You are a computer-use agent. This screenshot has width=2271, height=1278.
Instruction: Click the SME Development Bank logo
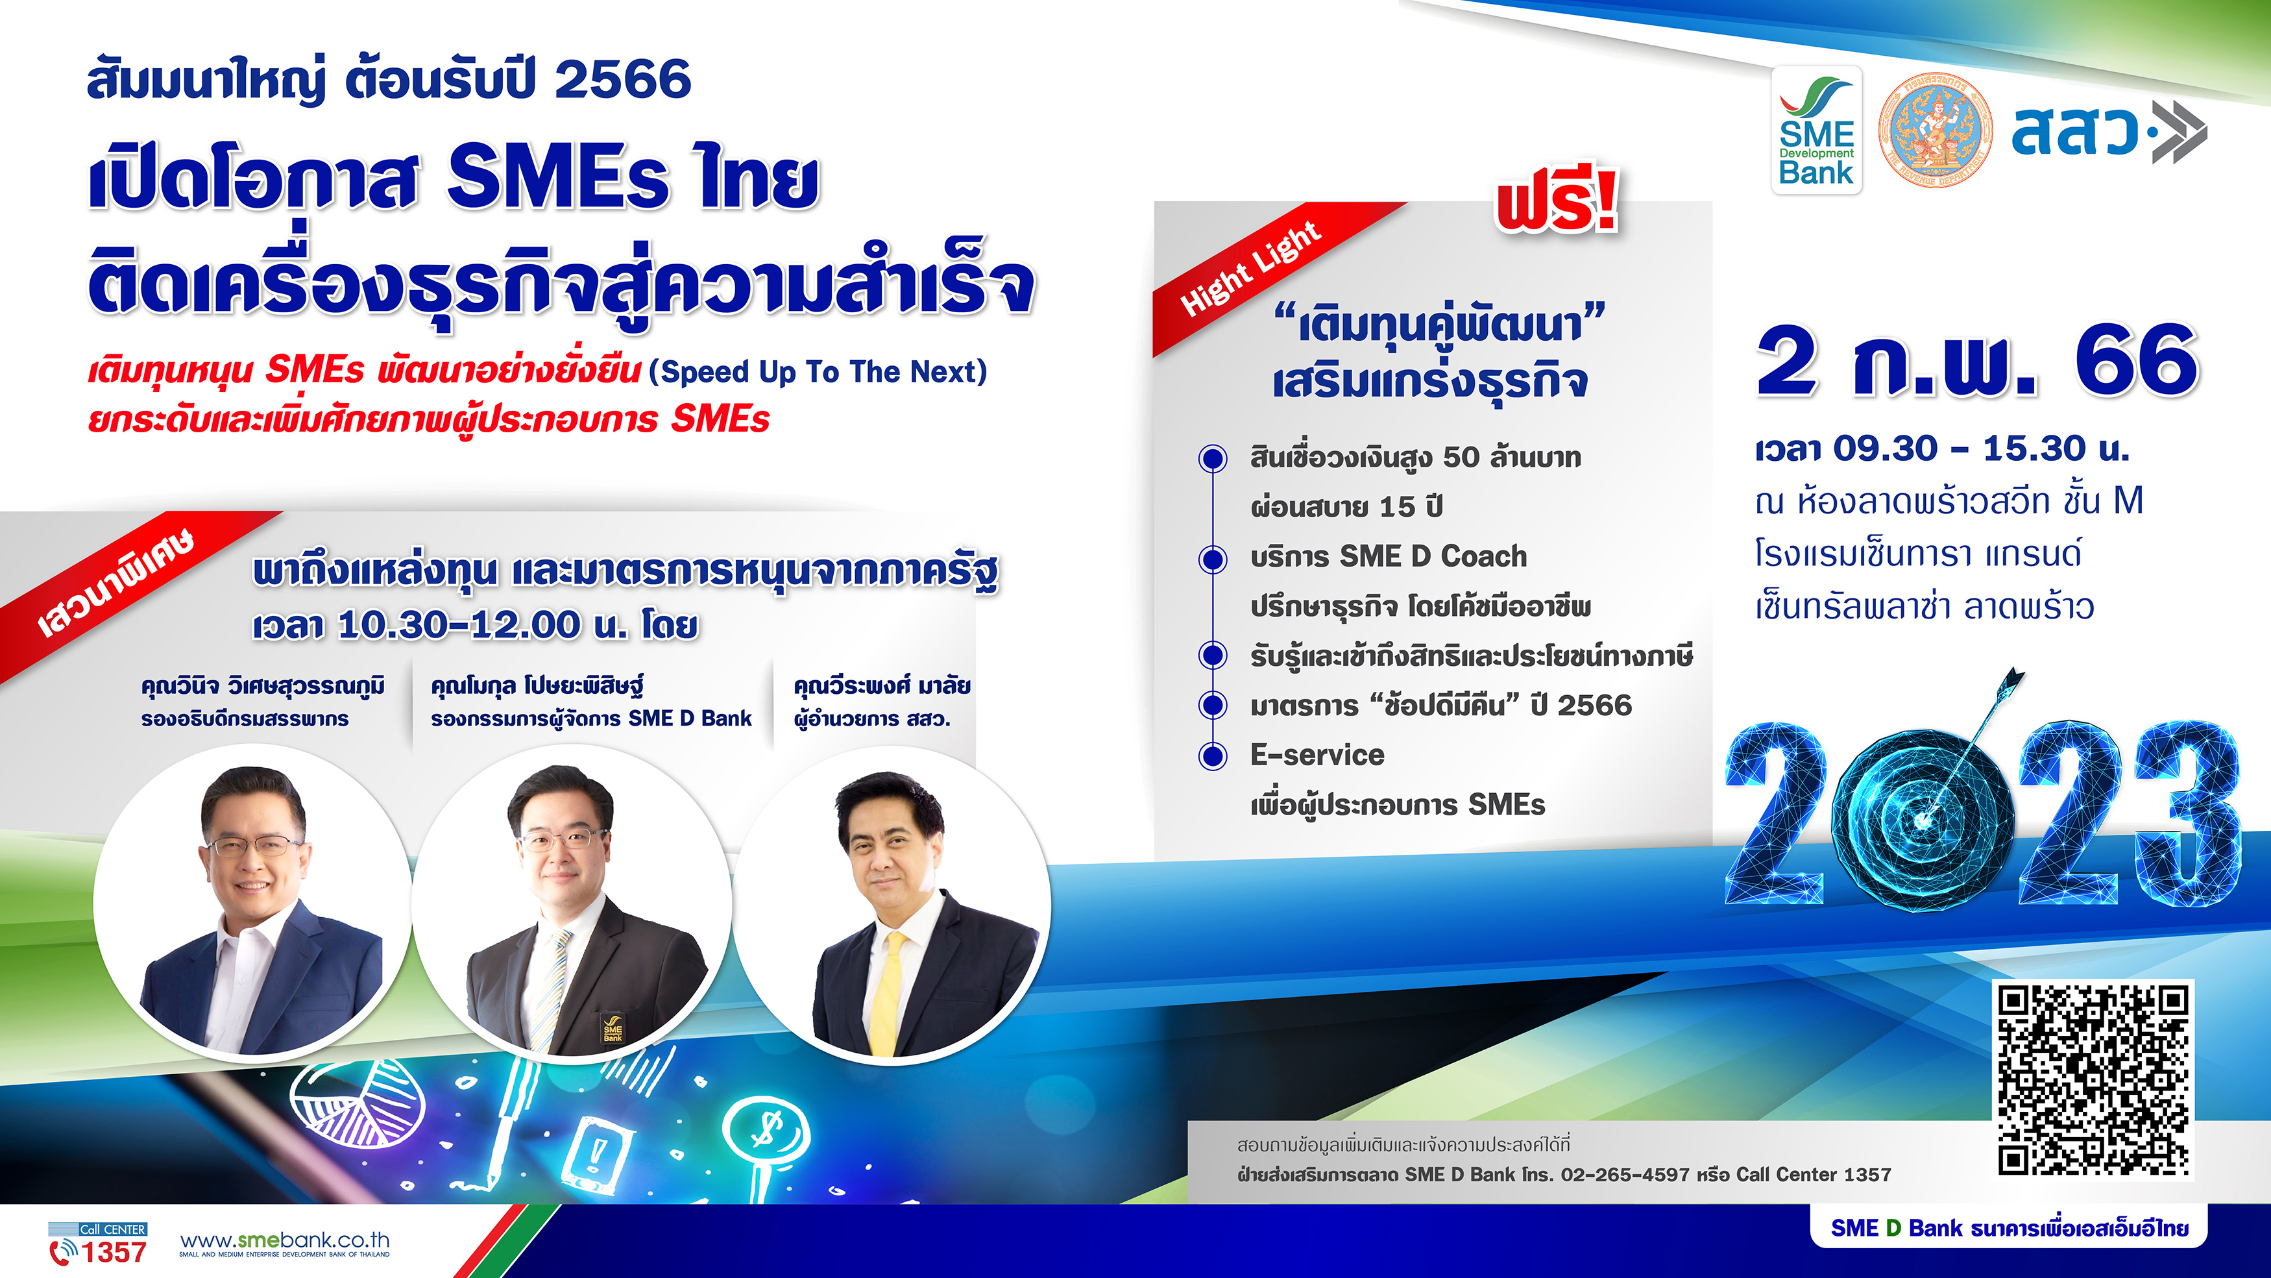point(1816,130)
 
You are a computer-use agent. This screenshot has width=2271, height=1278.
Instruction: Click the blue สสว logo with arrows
point(2109,132)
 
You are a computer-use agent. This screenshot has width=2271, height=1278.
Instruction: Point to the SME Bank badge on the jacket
point(613,1027)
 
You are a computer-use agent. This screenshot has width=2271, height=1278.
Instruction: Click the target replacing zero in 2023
point(1923,820)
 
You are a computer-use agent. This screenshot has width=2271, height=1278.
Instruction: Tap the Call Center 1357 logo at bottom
point(98,1244)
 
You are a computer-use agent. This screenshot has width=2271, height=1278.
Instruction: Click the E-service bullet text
point(1317,755)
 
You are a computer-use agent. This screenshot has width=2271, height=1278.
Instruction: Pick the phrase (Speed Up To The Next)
point(818,372)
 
